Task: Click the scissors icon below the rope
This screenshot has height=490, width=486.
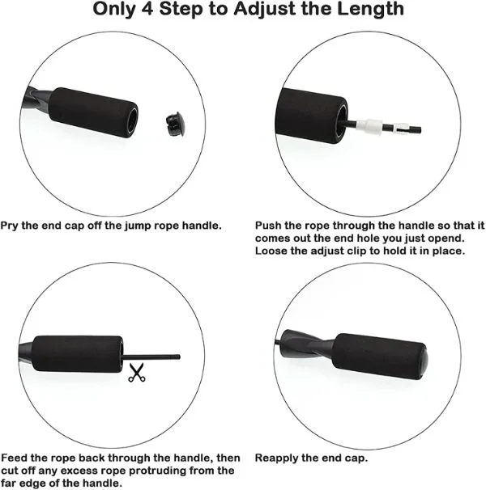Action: coord(134,374)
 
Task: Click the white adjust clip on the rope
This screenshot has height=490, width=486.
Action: coord(369,126)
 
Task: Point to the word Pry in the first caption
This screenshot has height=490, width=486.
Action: coord(11,226)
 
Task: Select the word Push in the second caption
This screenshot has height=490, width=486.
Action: coord(269,226)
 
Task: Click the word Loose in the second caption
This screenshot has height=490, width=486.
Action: coord(272,251)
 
